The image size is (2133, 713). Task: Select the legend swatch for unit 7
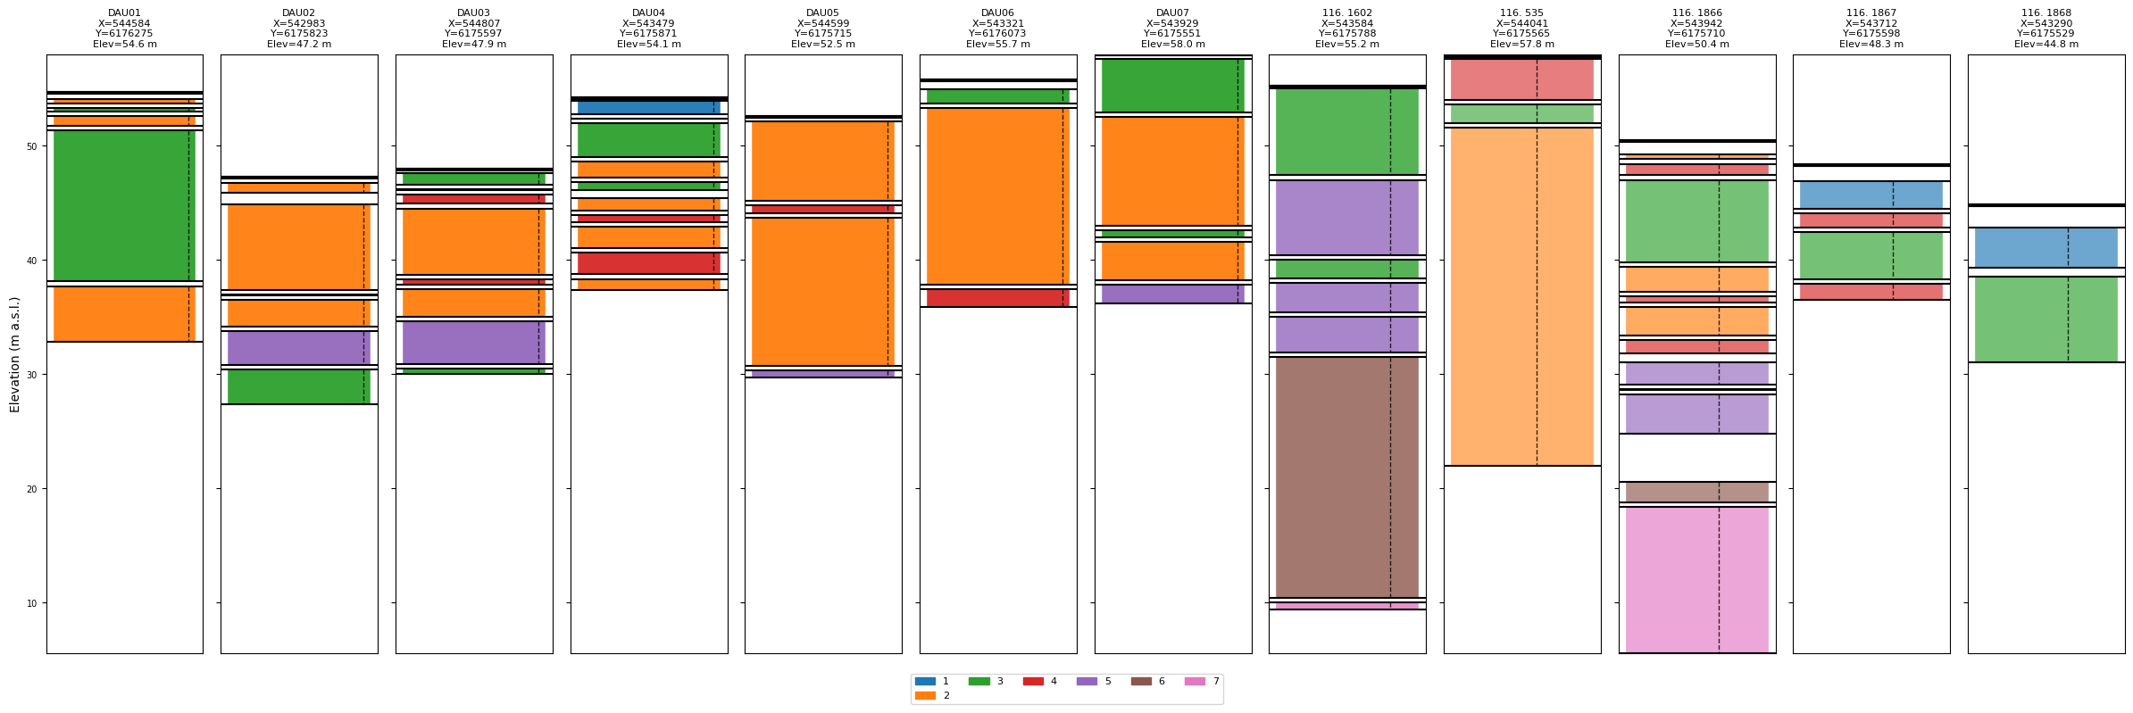click(1194, 681)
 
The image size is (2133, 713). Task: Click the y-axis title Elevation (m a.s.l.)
click(14, 354)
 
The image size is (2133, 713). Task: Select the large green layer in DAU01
click(124, 205)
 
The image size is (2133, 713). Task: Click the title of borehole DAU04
click(648, 29)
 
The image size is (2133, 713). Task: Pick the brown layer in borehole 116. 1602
click(1346, 477)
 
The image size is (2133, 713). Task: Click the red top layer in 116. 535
click(1521, 79)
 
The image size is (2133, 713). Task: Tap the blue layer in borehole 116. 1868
click(2046, 247)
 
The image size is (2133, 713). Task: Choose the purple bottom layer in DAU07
click(1172, 294)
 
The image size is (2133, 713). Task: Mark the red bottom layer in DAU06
click(997, 298)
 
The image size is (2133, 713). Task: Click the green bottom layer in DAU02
click(298, 387)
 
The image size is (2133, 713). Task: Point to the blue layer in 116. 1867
click(1871, 195)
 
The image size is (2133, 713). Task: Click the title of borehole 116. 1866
click(1696, 29)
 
